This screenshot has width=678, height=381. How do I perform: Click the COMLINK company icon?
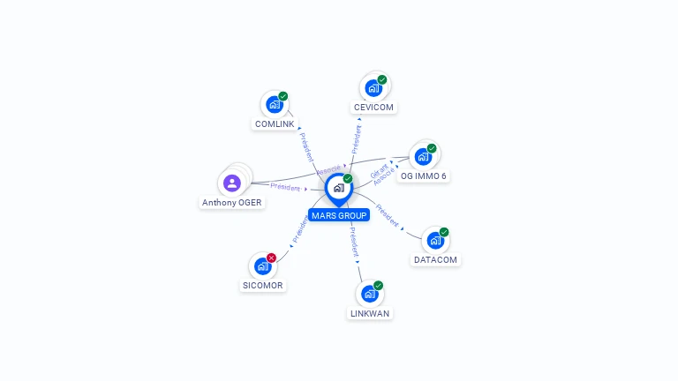[275, 104]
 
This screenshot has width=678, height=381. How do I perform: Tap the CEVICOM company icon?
[373, 87]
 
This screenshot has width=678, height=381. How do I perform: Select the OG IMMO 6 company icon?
[423, 157]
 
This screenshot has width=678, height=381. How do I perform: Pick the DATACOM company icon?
[435, 240]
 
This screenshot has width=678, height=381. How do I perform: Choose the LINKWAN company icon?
[370, 294]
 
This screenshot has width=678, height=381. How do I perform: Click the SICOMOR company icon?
[262, 265]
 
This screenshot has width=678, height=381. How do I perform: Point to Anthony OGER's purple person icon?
[232, 183]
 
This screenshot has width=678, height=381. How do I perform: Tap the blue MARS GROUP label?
[338, 215]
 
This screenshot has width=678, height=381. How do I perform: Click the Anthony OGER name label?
[232, 203]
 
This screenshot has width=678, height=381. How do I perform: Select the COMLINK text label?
[275, 124]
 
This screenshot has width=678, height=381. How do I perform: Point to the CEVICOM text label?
[373, 108]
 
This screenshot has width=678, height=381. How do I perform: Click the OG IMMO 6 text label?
[423, 176]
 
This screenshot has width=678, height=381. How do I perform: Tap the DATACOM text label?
[435, 260]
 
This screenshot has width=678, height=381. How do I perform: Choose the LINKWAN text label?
[370, 314]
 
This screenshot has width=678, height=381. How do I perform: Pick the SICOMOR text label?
[263, 286]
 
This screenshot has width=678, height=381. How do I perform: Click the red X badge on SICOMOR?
[271, 258]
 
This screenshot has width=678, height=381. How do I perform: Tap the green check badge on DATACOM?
[444, 232]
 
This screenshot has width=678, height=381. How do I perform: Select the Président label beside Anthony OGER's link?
[285, 186]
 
